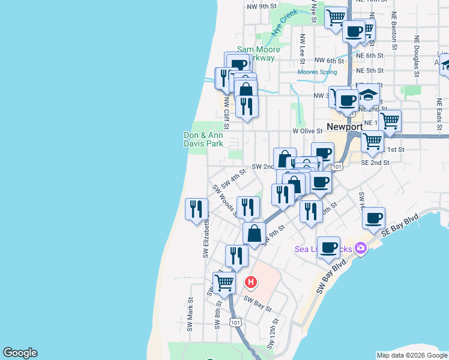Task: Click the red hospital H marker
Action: coord(252,281)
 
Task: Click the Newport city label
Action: coord(345,127)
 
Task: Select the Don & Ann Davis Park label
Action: coord(203,139)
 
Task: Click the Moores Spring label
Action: coord(318,73)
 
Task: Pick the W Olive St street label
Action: coord(307,130)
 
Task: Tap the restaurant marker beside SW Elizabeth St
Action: coord(196,209)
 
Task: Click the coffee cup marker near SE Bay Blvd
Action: coord(374,218)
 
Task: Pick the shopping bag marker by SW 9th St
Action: coord(254,233)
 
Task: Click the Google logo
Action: coord(20,353)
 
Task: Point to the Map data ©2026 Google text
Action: coord(412,355)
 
